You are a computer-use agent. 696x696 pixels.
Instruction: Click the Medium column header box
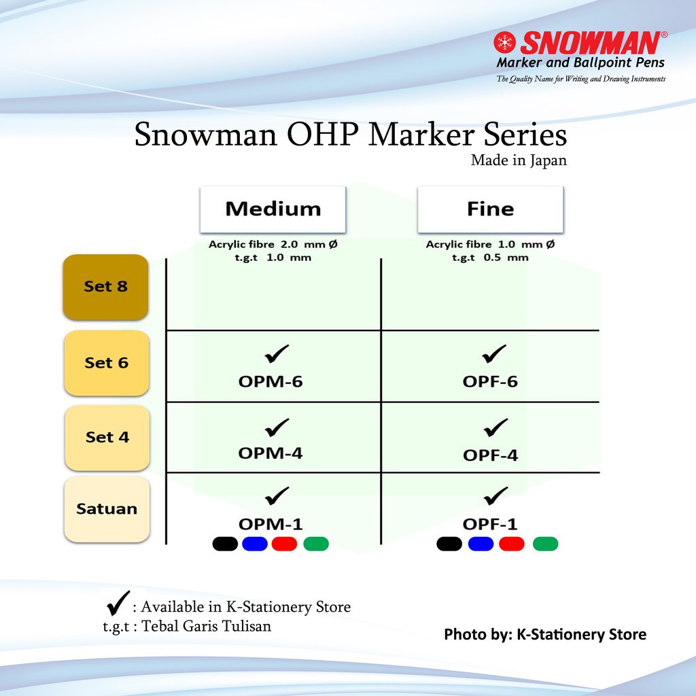click(273, 209)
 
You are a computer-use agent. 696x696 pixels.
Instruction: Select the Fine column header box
click(491, 209)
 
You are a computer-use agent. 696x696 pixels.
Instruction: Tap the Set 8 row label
click(105, 287)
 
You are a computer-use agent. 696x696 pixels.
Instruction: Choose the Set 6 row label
click(107, 363)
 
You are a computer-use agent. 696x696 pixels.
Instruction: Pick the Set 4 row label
click(107, 438)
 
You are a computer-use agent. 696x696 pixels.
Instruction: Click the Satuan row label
click(107, 509)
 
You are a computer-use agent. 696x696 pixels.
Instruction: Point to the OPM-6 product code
click(271, 381)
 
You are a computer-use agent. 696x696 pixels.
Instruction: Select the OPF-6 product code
click(490, 381)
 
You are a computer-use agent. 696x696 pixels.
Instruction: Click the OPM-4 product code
click(271, 453)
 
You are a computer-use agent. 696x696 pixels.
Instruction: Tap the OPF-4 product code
click(490, 455)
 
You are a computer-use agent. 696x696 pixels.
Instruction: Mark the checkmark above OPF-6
click(494, 353)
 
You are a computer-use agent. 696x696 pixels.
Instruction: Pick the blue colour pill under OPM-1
click(255, 544)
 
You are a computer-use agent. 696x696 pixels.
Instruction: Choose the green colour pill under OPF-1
click(545, 544)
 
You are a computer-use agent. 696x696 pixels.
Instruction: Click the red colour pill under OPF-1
click(512, 544)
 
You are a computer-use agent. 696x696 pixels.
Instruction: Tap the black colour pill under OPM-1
click(225, 544)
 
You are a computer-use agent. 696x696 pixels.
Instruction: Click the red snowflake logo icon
click(505, 42)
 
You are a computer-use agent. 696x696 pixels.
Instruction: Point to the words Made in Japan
click(519, 160)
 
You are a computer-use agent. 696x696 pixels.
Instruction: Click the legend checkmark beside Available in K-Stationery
click(118, 604)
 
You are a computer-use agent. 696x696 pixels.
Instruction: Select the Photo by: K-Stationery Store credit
click(545, 634)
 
